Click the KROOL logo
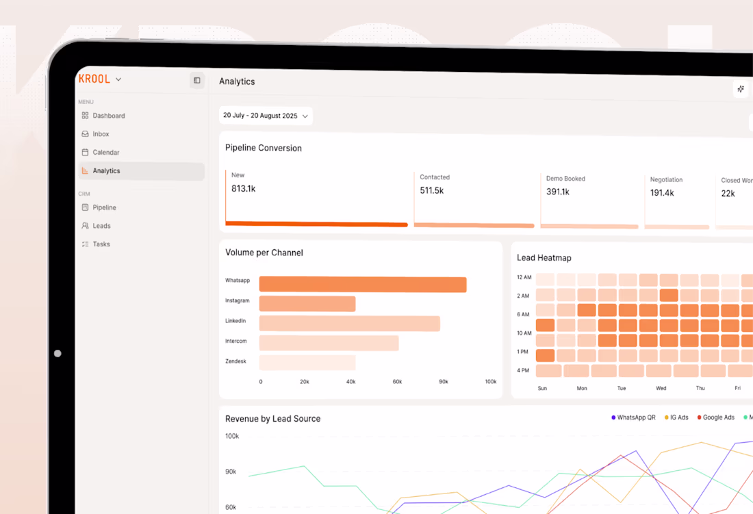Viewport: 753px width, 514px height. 94,79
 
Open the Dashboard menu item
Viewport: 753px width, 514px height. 108,116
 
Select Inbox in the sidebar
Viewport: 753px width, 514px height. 101,134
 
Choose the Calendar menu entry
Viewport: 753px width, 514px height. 105,153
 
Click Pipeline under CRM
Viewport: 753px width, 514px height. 104,207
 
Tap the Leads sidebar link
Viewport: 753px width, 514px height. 101,226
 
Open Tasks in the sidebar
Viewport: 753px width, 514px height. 101,244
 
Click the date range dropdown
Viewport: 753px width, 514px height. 266,116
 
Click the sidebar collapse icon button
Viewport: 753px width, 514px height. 197,81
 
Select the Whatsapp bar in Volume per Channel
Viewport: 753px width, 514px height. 363,284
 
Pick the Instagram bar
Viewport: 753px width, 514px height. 307,304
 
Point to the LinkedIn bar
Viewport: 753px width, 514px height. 349,324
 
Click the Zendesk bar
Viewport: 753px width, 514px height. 307,363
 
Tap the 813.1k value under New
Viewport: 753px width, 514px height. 243,189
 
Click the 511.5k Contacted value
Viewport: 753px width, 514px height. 432,190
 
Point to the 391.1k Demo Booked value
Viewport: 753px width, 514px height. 558,192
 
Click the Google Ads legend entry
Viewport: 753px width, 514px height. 718,417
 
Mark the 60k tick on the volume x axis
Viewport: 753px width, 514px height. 397,381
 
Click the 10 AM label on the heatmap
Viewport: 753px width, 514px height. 524,333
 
